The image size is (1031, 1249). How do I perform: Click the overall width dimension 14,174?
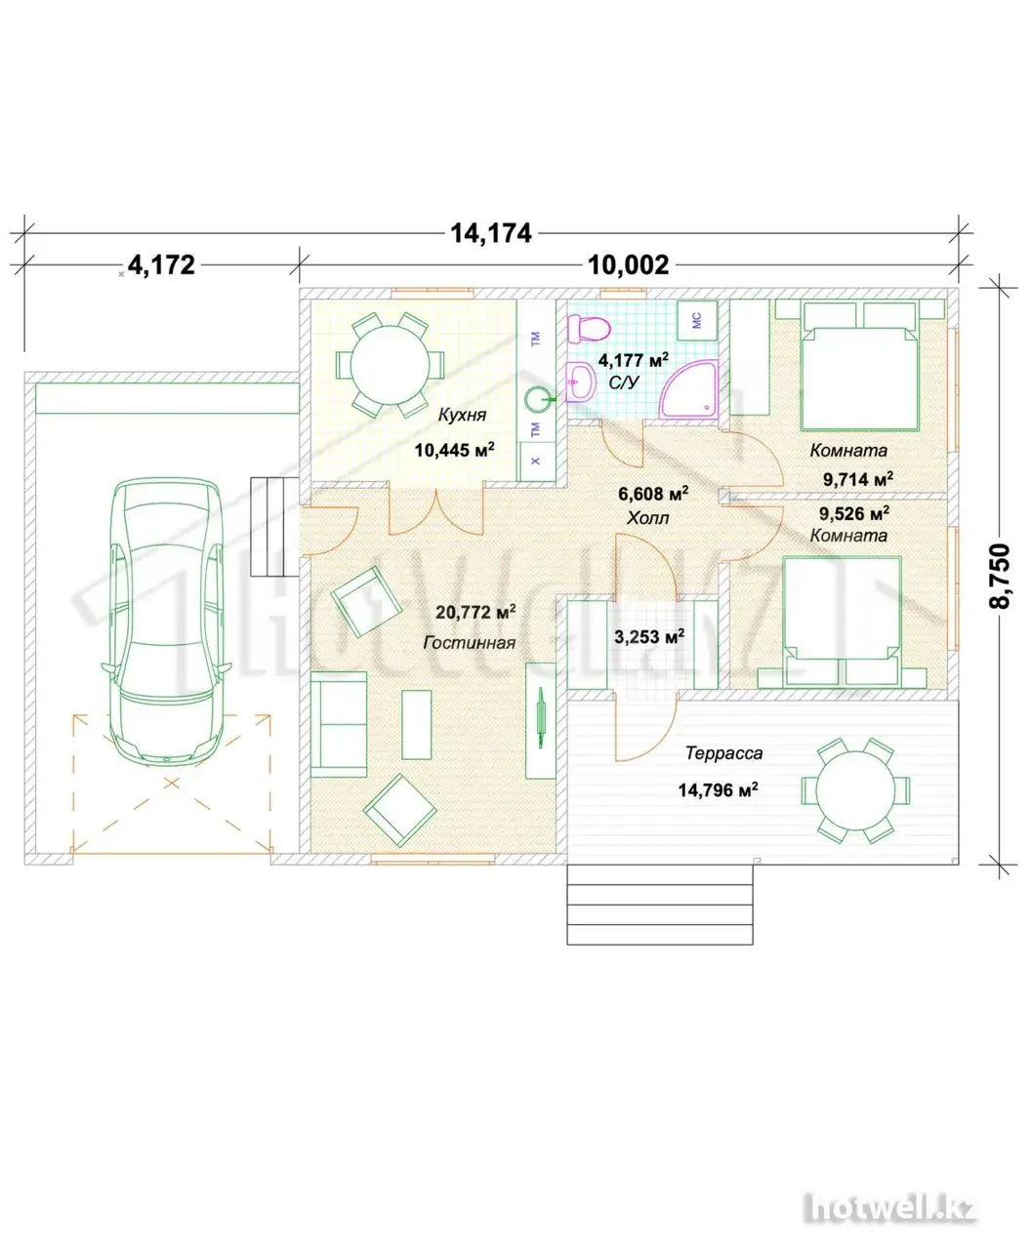pos(490,233)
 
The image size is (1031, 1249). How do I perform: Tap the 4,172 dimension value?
pos(162,265)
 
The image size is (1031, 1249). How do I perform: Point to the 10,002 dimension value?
pos(629,265)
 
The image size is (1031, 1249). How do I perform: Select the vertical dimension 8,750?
pos(999,576)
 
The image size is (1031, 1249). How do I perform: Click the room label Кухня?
pos(462,415)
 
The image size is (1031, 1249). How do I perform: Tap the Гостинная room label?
pos(470,642)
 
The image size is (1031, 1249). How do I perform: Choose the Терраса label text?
pos(723,752)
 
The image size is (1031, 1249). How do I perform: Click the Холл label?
pos(648,518)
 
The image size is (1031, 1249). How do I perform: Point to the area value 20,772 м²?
pos(475,612)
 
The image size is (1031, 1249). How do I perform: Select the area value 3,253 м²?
pos(649,636)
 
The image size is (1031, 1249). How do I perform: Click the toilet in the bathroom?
pos(588,329)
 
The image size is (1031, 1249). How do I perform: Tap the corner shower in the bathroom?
pos(688,389)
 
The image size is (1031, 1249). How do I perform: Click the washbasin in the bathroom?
pos(580,382)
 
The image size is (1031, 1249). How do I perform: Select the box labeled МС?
pos(697,321)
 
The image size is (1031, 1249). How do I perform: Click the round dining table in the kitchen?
pos(390,365)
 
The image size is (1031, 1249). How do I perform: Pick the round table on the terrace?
pos(855,790)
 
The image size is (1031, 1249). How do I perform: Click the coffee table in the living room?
pos(416,725)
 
